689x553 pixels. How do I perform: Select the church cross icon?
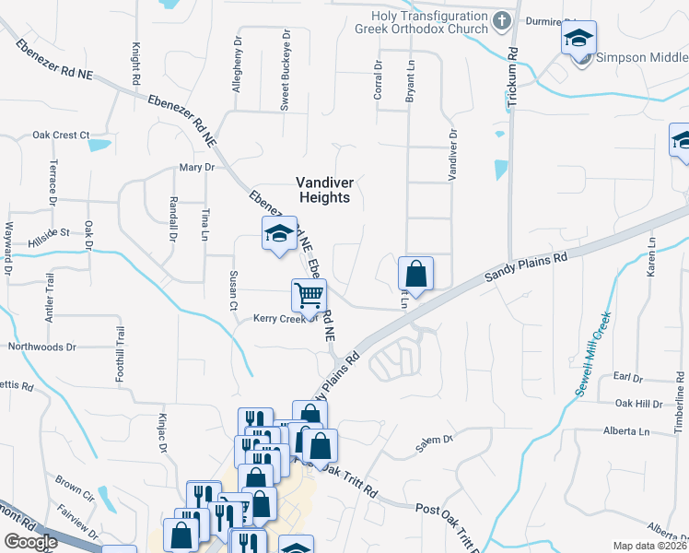pyautogui.click(x=501, y=20)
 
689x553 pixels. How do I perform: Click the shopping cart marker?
pyautogui.click(x=309, y=296)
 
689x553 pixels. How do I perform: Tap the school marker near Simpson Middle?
pyautogui.click(x=578, y=39)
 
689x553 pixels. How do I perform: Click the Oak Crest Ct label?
pyautogui.click(x=60, y=135)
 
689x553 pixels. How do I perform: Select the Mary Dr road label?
pyautogui.click(x=196, y=168)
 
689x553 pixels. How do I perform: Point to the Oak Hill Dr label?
pyautogui.click(x=638, y=404)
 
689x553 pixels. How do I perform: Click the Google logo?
pyautogui.click(x=30, y=542)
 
